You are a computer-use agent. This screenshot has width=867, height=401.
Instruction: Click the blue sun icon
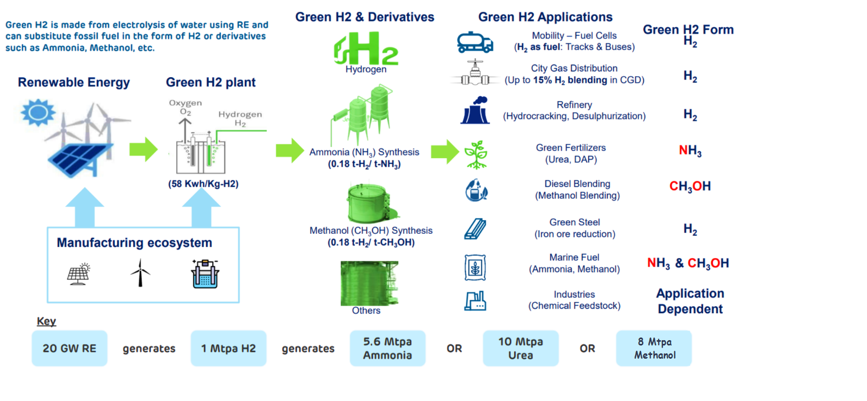click(x=38, y=112)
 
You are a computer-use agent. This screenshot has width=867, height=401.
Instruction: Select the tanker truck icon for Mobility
click(x=475, y=42)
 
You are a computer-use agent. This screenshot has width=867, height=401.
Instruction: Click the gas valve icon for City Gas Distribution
click(x=475, y=74)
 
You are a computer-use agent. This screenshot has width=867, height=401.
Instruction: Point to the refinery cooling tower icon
click(x=475, y=111)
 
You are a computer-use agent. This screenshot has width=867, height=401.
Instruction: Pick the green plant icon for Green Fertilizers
click(x=476, y=154)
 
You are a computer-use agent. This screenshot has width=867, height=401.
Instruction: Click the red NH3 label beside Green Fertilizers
click(x=690, y=151)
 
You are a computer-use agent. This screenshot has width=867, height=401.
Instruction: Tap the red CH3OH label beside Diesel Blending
click(x=690, y=187)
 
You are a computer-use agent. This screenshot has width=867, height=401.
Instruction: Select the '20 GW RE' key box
click(x=69, y=349)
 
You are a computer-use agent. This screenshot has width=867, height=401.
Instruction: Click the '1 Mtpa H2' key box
click(x=229, y=349)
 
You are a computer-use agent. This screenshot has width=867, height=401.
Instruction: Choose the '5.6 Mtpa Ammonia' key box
click(x=387, y=349)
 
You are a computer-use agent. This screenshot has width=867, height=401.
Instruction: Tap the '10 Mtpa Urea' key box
click(x=521, y=349)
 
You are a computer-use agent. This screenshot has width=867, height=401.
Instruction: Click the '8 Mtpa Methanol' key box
click(x=654, y=349)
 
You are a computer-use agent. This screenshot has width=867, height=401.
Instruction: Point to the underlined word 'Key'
click(x=47, y=322)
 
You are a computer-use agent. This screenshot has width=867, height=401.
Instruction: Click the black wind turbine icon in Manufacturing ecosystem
click(x=140, y=273)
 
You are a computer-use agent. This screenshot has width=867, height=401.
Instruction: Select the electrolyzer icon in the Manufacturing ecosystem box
click(x=205, y=274)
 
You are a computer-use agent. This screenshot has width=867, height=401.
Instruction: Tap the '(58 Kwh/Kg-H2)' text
click(x=203, y=184)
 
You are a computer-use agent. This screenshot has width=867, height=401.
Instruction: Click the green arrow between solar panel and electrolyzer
click(x=143, y=149)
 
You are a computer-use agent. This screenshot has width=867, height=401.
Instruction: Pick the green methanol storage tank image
click(x=369, y=203)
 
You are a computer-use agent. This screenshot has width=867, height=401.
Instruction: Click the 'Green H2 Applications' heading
click(x=545, y=17)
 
